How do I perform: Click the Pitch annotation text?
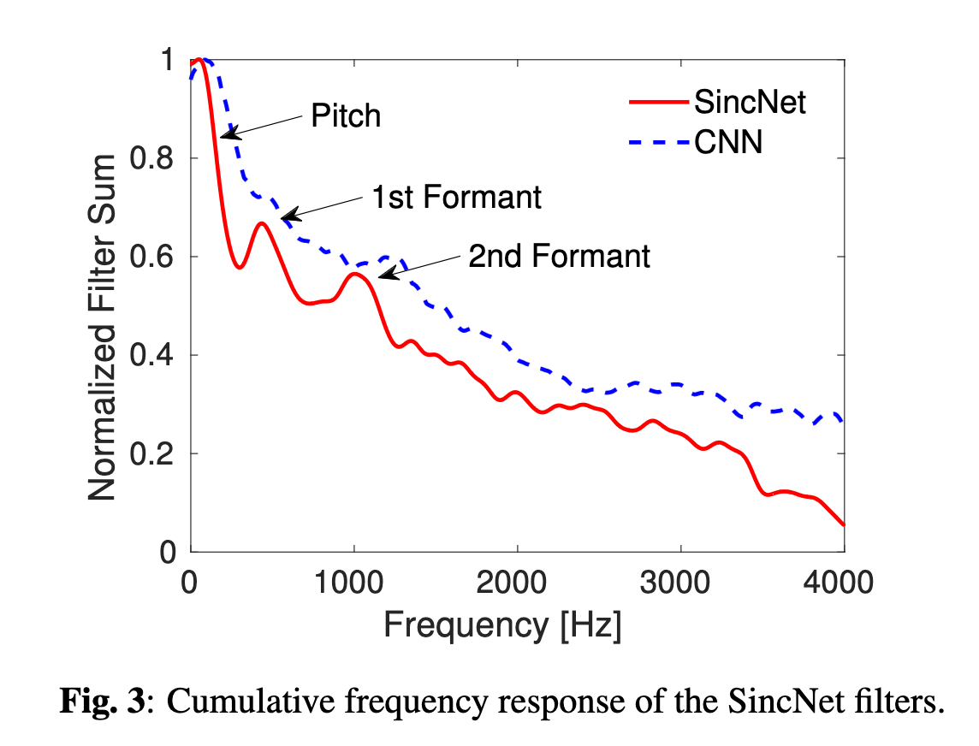[346, 115]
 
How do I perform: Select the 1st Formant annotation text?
[456, 198]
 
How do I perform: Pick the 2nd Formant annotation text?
[559, 256]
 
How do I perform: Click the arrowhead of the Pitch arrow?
[224, 135]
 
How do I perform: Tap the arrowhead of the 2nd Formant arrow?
[383, 275]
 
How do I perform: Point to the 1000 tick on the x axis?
[353, 584]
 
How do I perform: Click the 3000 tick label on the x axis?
[680, 584]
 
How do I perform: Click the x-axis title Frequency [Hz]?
[502, 626]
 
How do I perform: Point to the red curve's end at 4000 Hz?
[844, 524]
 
